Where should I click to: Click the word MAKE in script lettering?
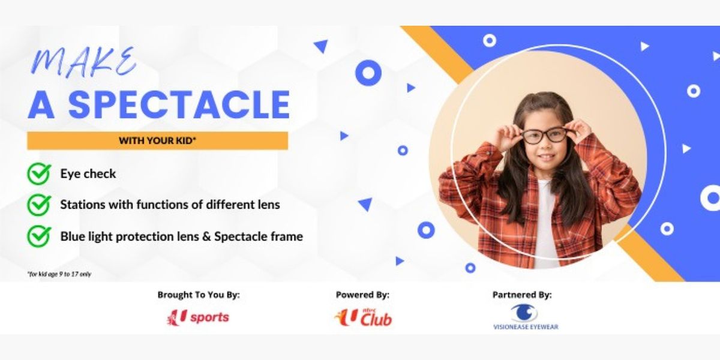[84, 62]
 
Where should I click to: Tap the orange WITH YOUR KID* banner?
[157, 141]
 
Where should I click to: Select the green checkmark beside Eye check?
[38, 174]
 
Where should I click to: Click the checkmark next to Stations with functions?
[38, 205]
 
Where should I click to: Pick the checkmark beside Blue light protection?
[38, 236]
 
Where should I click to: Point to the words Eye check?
[88, 174]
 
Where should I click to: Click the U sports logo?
[198, 317]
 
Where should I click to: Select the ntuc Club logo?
[363, 316]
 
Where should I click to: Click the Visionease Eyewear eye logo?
[524, 313]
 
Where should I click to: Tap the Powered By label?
[362, 295]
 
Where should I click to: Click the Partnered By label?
[522, 295]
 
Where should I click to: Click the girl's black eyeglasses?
[544, 136]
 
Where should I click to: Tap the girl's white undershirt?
[546, 228]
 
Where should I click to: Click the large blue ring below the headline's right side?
[368, 73]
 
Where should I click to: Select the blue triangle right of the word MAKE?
[321, 46]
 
